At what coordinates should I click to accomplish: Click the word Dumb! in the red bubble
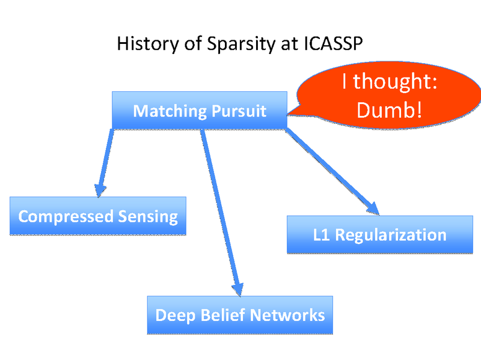coord(389,110)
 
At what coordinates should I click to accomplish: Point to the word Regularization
coord(391,235)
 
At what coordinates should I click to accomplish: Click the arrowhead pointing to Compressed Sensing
coord(100,189)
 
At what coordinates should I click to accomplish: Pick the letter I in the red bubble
coord(345,82)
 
